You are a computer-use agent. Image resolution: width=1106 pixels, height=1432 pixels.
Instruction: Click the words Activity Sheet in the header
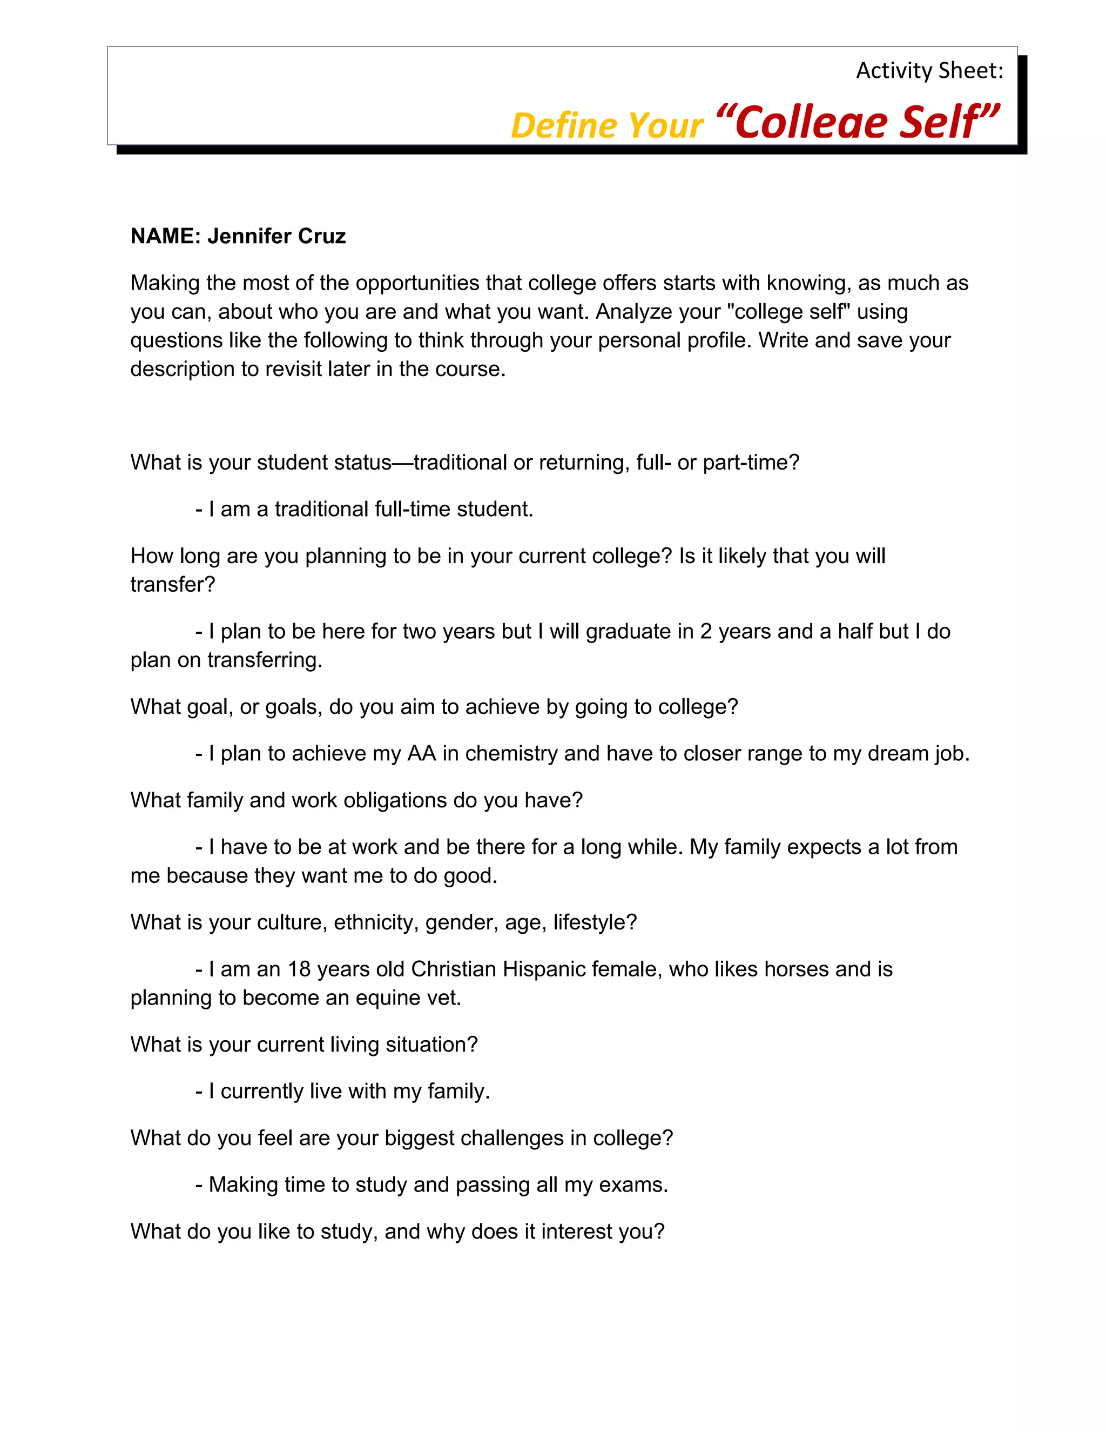[928, 71]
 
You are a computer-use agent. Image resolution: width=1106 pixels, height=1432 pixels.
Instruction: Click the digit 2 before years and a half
[705, 631]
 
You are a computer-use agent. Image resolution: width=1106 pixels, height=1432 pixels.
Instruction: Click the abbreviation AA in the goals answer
[421, 753]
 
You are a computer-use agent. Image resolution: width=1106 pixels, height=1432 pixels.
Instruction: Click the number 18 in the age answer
[299, 969]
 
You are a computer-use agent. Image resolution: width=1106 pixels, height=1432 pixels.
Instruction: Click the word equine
[388, 998]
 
